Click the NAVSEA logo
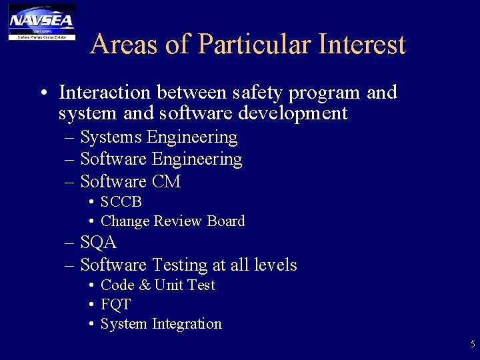41,21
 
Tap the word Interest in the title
363,45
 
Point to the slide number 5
473,345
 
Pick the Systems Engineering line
159,137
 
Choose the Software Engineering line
161,159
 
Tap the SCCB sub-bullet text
121,201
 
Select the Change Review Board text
173,221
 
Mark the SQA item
98,243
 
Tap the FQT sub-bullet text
115,305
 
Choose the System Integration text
161,324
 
